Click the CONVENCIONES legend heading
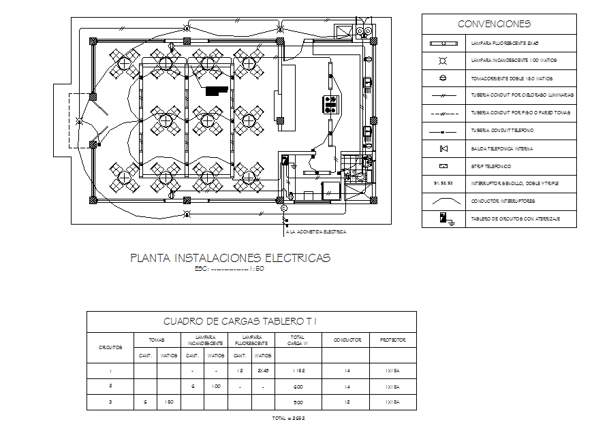494,24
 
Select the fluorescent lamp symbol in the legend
443,42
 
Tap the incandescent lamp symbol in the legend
443,60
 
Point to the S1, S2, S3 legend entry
443,184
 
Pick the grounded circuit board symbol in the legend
444,218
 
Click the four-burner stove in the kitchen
332,104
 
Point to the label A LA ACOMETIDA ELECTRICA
316,232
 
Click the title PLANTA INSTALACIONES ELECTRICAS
230,258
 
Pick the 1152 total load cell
297,372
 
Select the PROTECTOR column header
392,340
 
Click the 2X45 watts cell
262,372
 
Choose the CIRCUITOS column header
110,347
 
